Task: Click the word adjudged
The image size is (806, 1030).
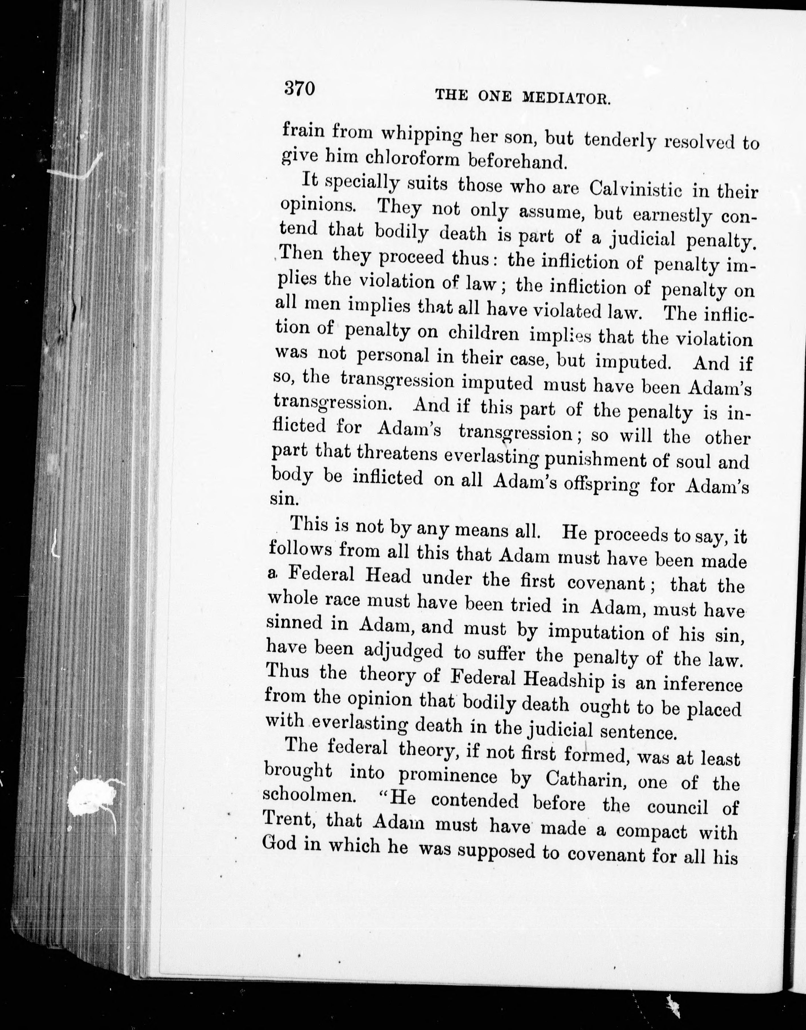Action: (404, 652)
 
